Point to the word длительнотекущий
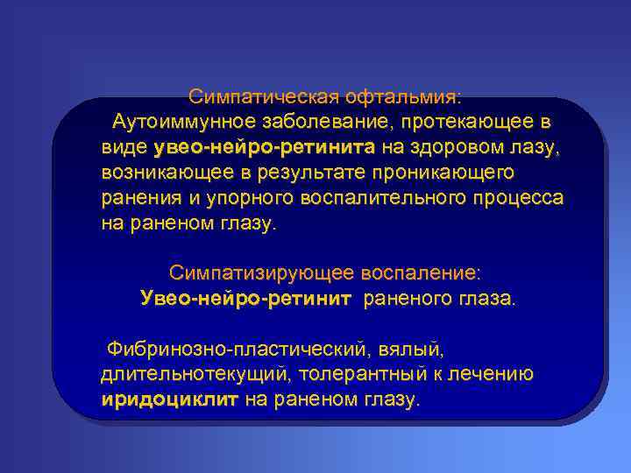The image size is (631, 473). pyautogui.click(x=195, y=375)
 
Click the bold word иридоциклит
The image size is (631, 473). pyautogui.click(x=170, y=400)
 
